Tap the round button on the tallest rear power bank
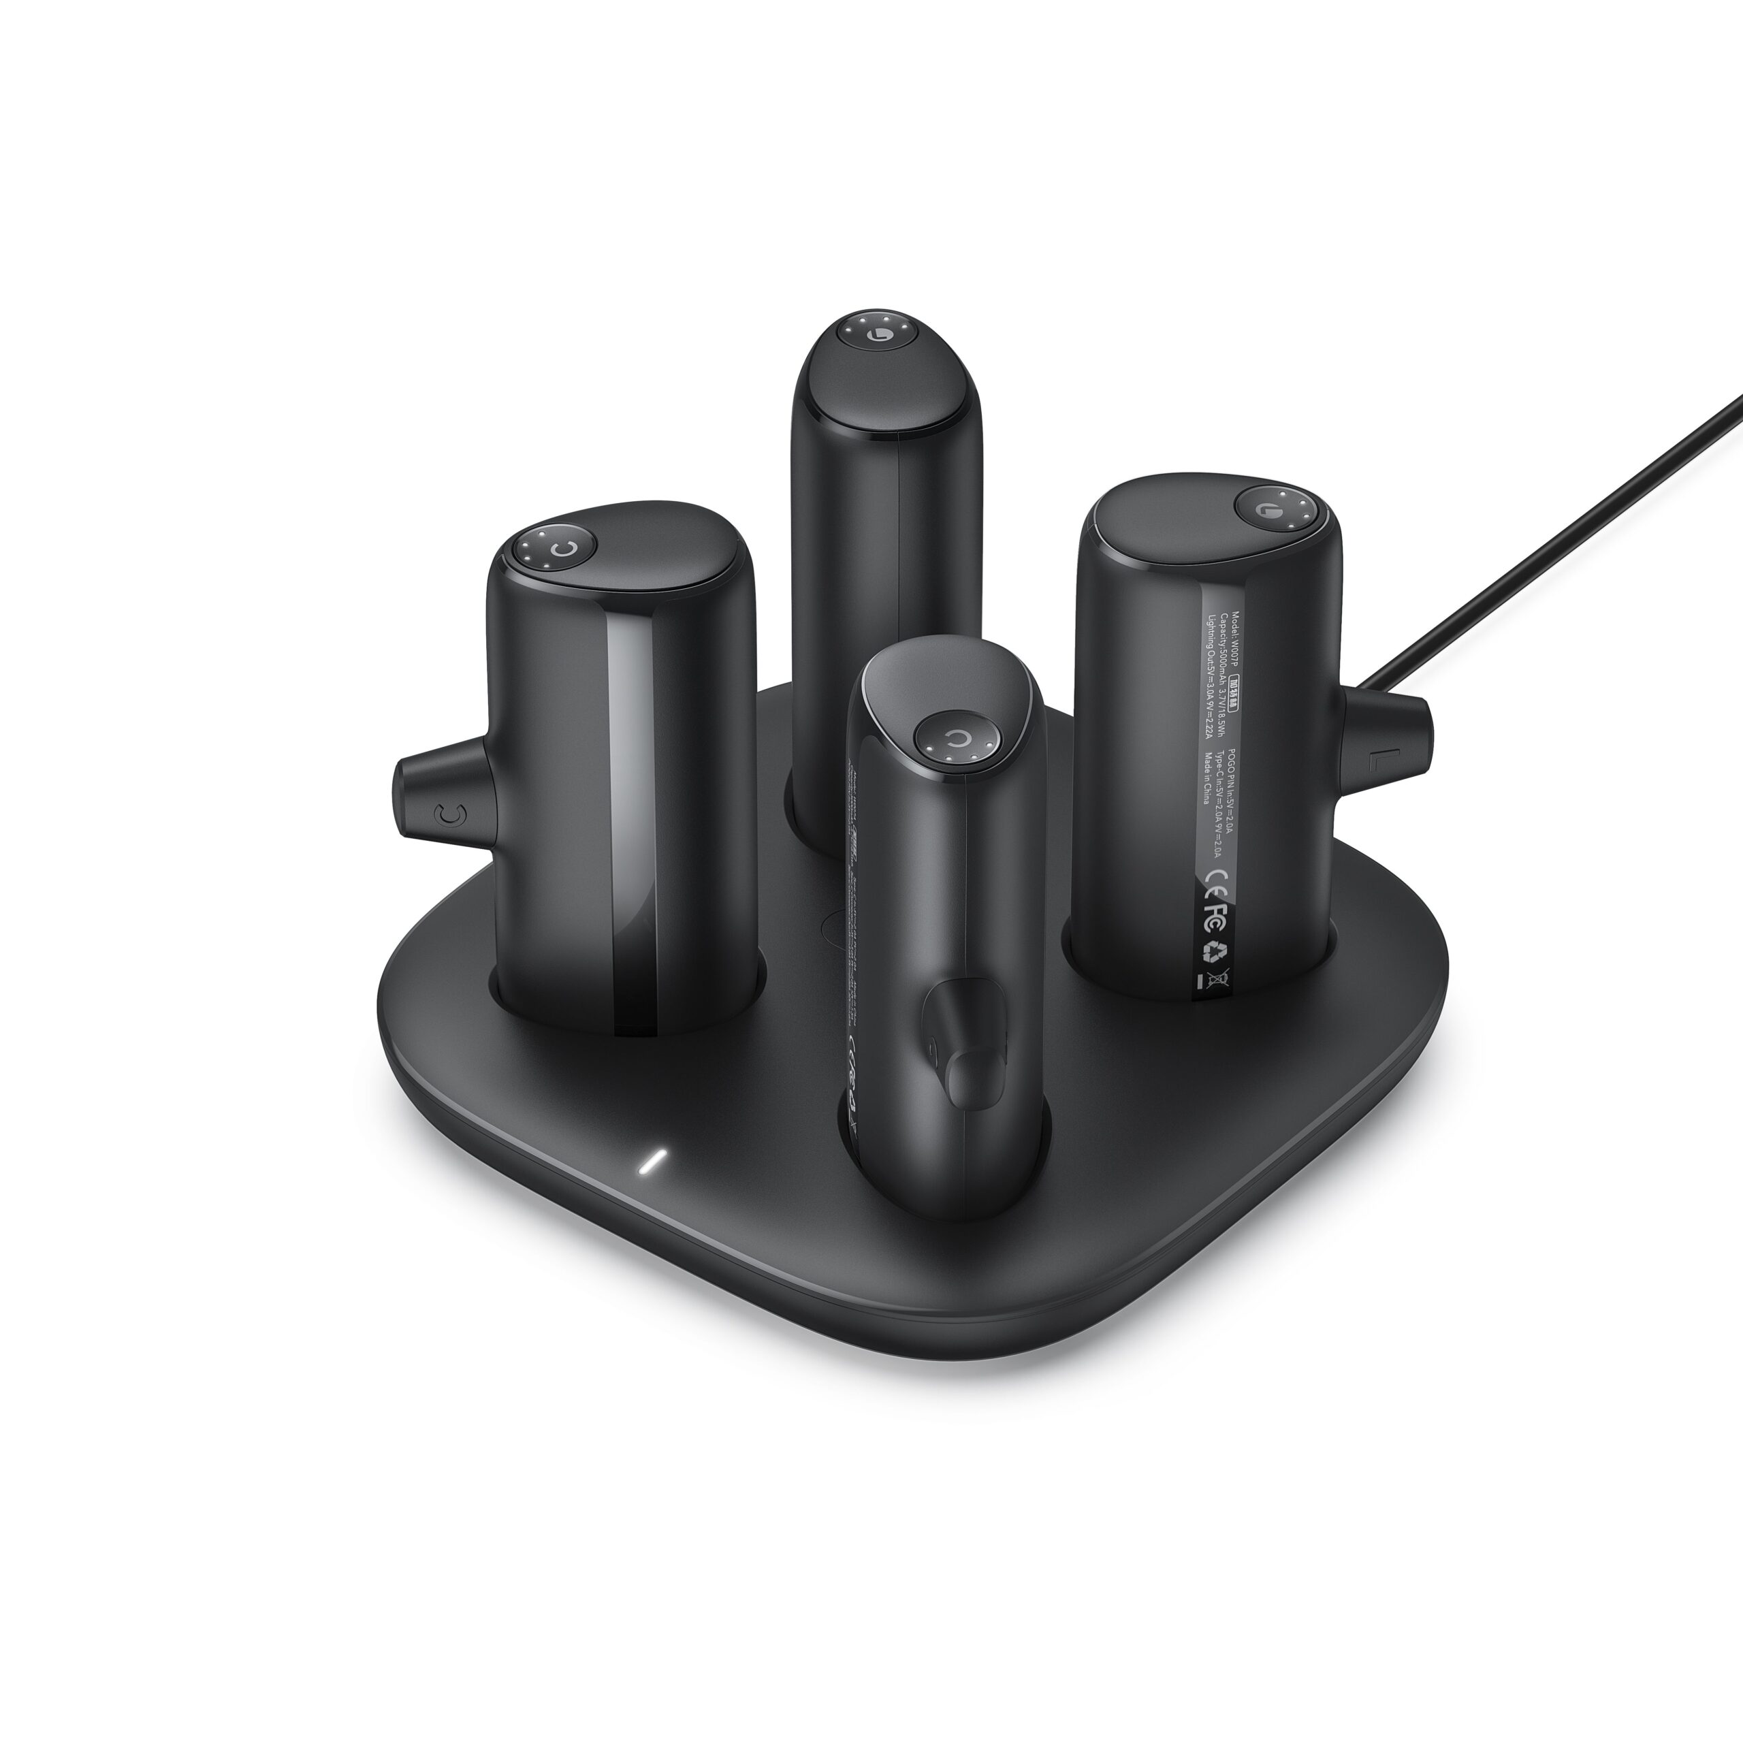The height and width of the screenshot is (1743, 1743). [874, 333]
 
